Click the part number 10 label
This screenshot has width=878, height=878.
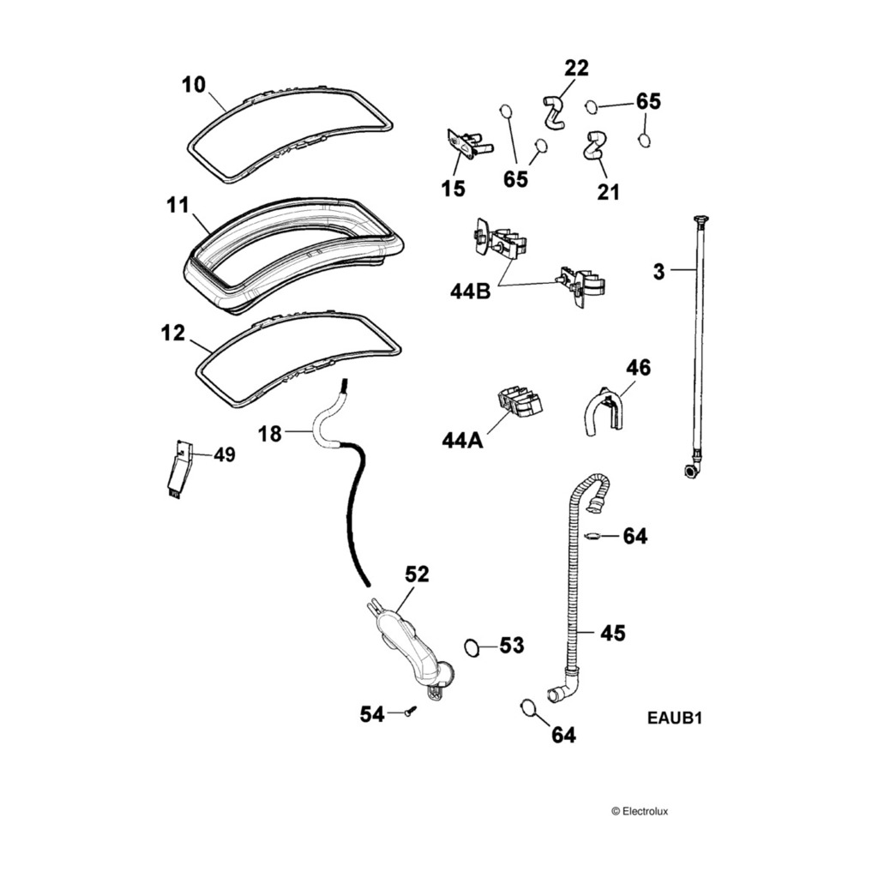coord(194,85)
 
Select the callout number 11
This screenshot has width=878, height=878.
coord(177,205)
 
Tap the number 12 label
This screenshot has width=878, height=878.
coord(173,333)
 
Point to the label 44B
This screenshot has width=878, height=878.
coord(470,292)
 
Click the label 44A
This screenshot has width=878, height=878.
coord(463,441)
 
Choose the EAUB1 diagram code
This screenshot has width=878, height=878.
coord(675,719)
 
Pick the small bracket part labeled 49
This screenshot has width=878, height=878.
coord(177,470)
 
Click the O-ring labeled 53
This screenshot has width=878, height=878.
coord(472,646)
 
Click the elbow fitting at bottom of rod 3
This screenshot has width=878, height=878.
coord(691,470)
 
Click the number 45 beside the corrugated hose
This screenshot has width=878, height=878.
coord(613,633)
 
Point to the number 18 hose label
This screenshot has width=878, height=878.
coord(270,434)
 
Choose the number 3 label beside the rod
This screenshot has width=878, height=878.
coord(658,272)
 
